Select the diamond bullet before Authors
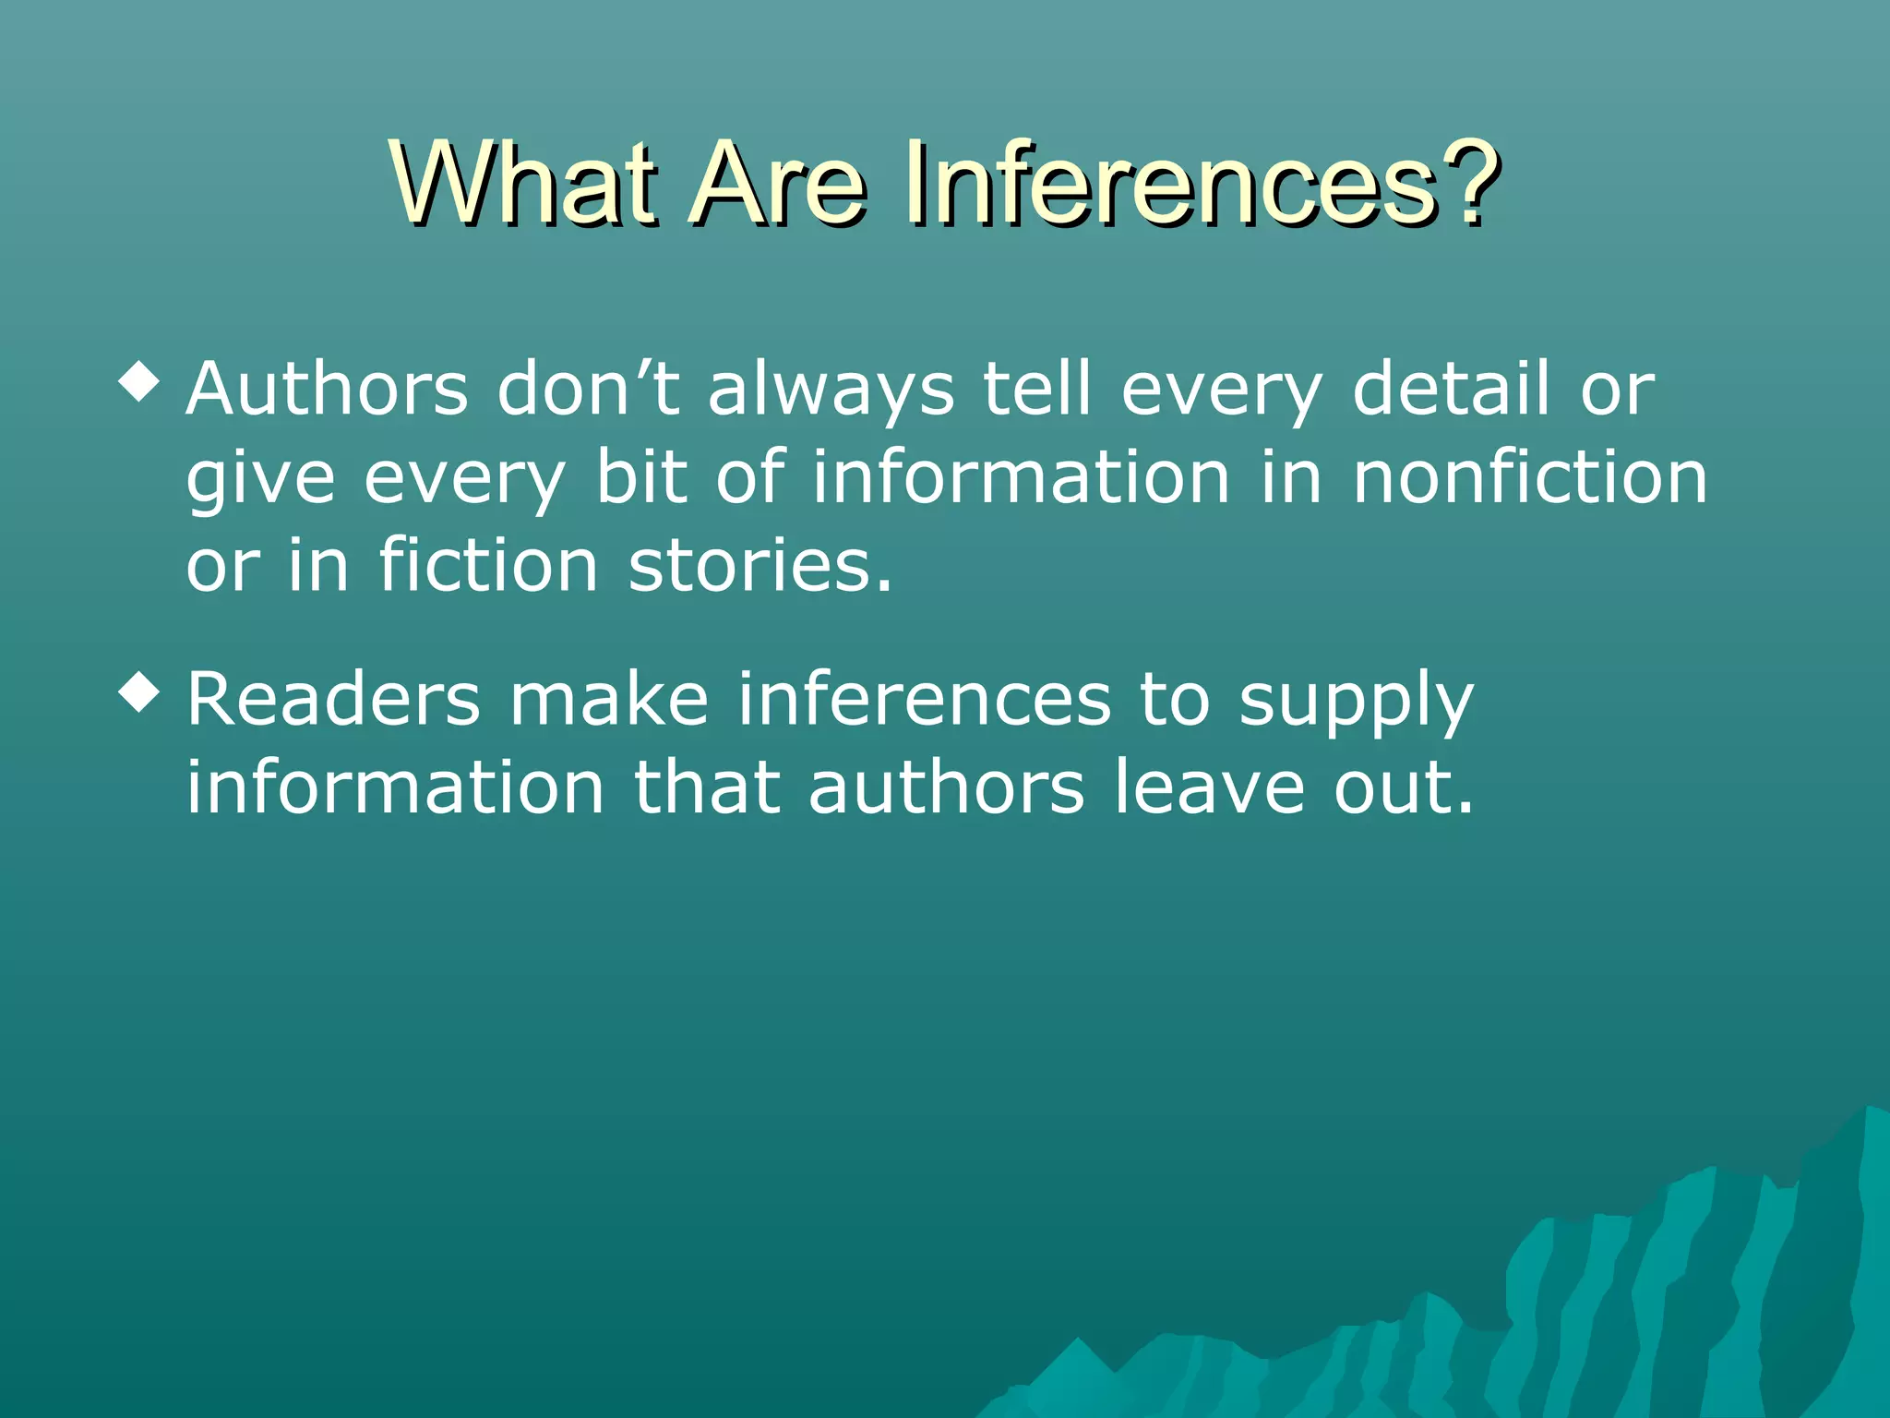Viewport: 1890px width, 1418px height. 139,383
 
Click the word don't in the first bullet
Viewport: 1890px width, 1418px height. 589,389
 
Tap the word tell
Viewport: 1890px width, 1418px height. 1036,389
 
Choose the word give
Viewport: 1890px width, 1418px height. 260,480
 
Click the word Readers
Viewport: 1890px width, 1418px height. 333,699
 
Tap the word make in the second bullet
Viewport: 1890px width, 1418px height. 609,699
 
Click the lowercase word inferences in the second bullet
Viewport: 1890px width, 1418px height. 924,699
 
